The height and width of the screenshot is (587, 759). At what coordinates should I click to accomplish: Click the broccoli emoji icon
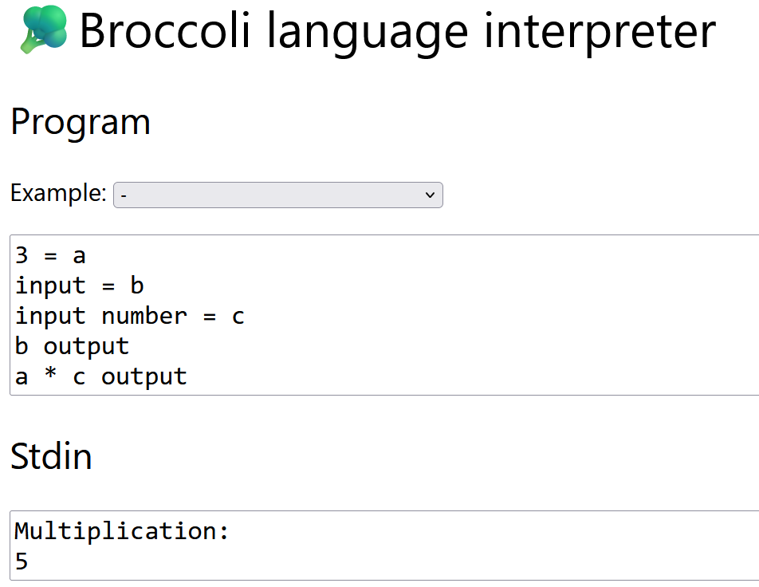43,30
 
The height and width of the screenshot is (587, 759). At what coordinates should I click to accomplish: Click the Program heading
81,123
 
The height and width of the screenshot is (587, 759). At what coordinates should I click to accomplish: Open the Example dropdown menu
277,195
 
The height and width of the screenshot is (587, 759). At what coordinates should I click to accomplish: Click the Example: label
58,193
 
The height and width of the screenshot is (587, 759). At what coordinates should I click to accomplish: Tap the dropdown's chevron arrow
430,195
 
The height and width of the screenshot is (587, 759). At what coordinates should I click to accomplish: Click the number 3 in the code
22,255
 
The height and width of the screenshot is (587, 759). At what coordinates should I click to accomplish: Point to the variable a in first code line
79,255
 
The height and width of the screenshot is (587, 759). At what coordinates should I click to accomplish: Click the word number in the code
144,316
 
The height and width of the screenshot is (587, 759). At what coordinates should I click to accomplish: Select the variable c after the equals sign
238,316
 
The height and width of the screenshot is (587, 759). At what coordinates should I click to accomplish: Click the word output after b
86,346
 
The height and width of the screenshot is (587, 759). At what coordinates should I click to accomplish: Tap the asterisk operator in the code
50,376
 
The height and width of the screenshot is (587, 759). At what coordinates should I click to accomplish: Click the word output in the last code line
144,376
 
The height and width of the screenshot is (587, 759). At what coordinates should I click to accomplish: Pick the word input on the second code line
50,286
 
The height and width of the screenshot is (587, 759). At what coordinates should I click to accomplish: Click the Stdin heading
51,456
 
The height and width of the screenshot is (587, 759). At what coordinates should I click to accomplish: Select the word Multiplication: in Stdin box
122,531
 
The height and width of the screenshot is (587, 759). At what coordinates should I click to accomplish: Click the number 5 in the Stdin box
22,561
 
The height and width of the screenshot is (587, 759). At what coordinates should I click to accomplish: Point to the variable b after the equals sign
136,286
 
